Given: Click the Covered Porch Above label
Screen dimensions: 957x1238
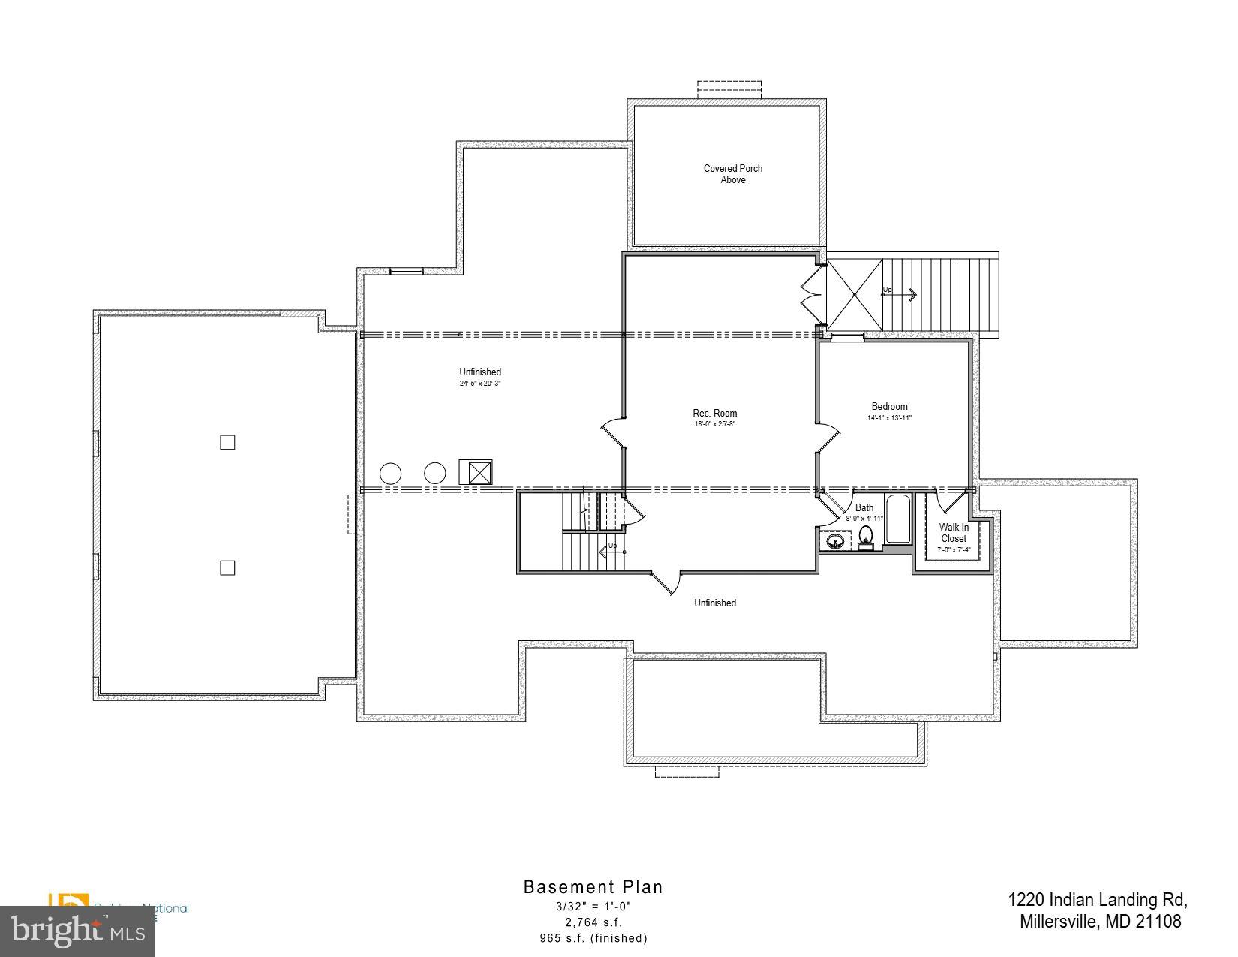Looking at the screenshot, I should (732, 174).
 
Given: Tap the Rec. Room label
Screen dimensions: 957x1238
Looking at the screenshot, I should (714, 413).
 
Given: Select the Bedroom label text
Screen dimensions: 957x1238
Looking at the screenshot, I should (889, 407).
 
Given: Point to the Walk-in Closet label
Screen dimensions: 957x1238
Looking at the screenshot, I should (954, 533).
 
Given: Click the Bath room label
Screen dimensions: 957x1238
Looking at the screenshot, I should (864, 508).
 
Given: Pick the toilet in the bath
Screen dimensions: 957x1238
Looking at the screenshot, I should (866, 537).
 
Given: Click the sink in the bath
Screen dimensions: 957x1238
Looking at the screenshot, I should (834, 540).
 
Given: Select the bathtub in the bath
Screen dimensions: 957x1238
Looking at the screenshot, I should (898, 519).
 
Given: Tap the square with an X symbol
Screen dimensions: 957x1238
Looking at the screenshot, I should (476, 472).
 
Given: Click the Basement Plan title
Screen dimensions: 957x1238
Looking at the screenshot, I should (593, 887).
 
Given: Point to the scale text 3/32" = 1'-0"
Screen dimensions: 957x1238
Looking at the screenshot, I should (593, 907).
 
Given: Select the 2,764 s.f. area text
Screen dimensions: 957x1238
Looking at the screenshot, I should (593, 922).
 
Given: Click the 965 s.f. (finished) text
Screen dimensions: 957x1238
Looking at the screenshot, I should (593, 938).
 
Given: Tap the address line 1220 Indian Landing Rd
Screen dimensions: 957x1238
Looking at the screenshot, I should (1098, 900).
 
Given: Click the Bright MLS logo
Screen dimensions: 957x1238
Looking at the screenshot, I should (77, 931).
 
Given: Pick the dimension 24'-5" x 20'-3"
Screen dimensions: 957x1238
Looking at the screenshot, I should (480, 384).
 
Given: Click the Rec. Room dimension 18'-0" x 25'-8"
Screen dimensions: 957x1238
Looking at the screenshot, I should (714, 424).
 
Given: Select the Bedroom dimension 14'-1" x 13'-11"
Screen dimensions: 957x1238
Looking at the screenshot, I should (889, 418).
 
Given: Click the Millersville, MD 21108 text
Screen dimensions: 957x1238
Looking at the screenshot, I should (1100, 922).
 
